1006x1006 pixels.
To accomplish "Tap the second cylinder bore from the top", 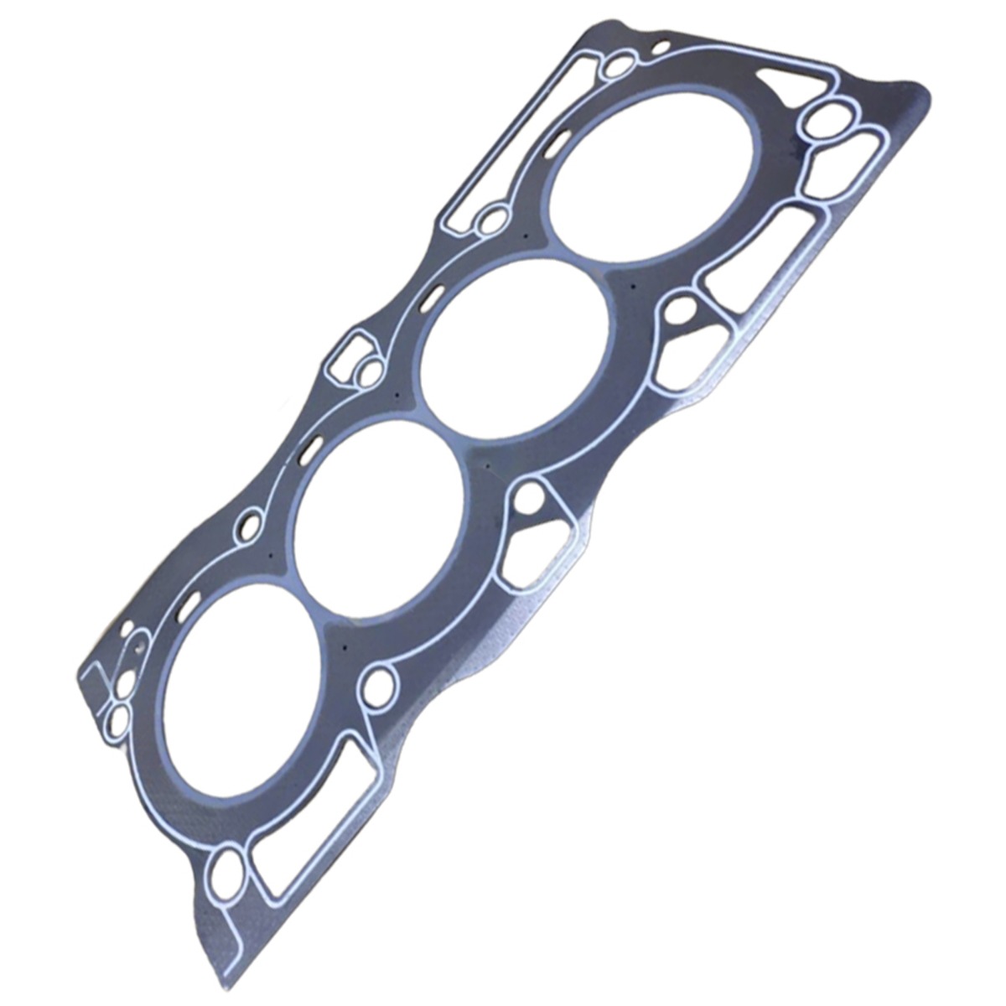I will tap(516, 349).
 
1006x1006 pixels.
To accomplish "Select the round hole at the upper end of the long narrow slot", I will tap(621, 65).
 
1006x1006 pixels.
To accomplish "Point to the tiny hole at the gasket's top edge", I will tap(661, 45).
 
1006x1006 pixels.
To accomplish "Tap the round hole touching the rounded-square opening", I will tap(369, 374).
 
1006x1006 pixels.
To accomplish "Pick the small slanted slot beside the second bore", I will tap(433, 297).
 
